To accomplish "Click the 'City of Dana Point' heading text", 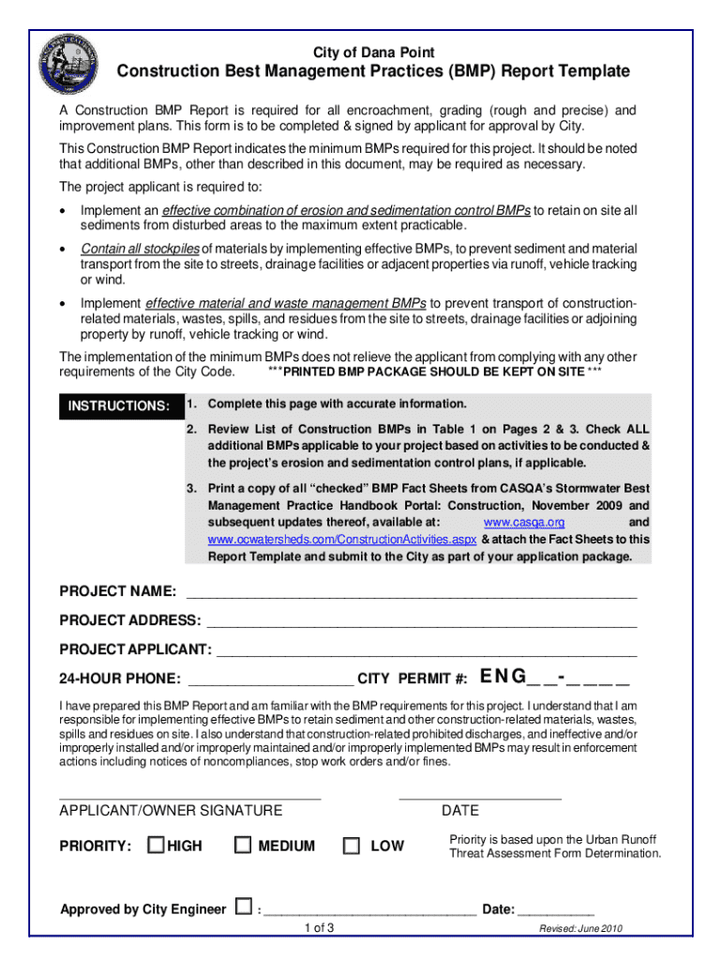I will click(373, 53).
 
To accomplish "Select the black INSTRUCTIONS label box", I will click(116, 406).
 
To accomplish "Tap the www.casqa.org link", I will click(523, 522).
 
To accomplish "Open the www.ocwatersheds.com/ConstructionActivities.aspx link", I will click(342, 540).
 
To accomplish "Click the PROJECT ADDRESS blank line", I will click(421, 625).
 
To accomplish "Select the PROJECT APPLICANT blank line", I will click(427, 654).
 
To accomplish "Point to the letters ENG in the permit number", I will click(503, 677).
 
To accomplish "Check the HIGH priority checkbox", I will click(157, 846).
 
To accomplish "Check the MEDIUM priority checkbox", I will click(243, 846).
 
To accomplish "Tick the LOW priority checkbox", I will click(352, 846).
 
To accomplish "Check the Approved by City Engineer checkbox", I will click(243, 907).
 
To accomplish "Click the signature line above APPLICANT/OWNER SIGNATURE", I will click(189, 798).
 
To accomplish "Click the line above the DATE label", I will click(479, 798).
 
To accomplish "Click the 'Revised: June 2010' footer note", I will click(580, 929).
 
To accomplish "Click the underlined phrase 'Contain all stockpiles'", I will click(140, 249).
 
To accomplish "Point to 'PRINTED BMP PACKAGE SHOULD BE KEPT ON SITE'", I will click(434, 372).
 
